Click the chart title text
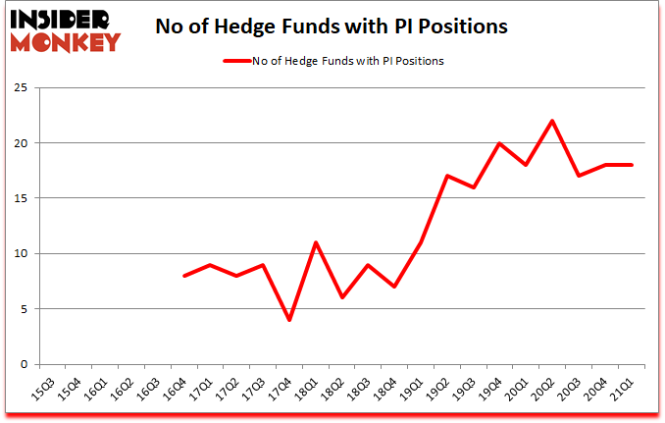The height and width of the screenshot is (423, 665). coord(332,26)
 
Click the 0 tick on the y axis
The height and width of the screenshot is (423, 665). coord(22,365)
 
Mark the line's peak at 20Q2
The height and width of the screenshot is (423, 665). coord(553,121)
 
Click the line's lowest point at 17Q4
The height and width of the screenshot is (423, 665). coord(289,320)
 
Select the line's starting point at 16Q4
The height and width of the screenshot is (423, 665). coord(184,276)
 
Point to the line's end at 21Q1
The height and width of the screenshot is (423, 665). coord(632,165)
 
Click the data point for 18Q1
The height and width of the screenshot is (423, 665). coord(316,242)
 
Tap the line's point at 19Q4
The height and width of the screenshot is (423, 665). coord(500,143)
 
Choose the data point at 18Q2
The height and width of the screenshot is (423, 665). coord(342,297)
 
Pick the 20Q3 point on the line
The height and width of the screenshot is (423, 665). coord(580,176)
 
